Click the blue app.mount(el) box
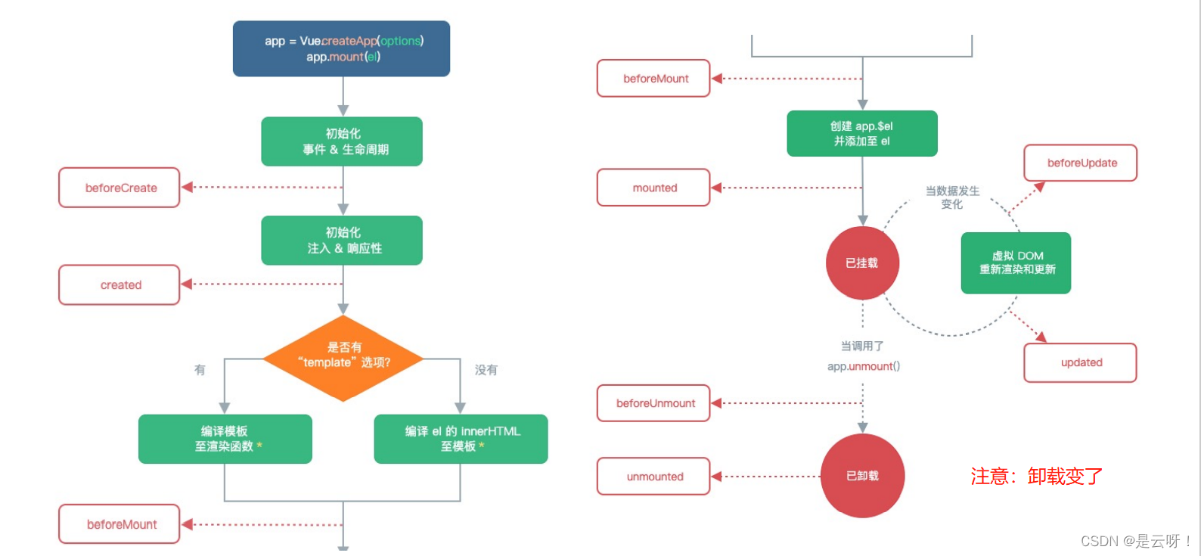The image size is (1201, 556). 341,48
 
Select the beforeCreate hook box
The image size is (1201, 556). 119,188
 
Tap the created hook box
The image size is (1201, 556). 119,285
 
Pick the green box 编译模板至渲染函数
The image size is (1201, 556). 225,439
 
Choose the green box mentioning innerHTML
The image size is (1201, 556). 461,439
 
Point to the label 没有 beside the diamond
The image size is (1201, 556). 486,370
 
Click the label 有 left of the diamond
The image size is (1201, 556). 200,370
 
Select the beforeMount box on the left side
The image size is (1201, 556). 119,524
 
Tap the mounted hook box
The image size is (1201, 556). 653,188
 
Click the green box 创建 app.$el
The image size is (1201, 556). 861,134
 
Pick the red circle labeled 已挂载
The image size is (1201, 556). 862,263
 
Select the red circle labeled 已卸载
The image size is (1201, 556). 862,476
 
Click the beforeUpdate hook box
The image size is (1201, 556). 1081,163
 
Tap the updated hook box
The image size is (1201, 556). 1081,362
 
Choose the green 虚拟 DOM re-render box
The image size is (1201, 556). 1016,262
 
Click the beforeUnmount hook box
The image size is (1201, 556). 653,403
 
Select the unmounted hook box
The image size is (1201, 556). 653,477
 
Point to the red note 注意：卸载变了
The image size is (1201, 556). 1036,477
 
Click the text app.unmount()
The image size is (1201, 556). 863,367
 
